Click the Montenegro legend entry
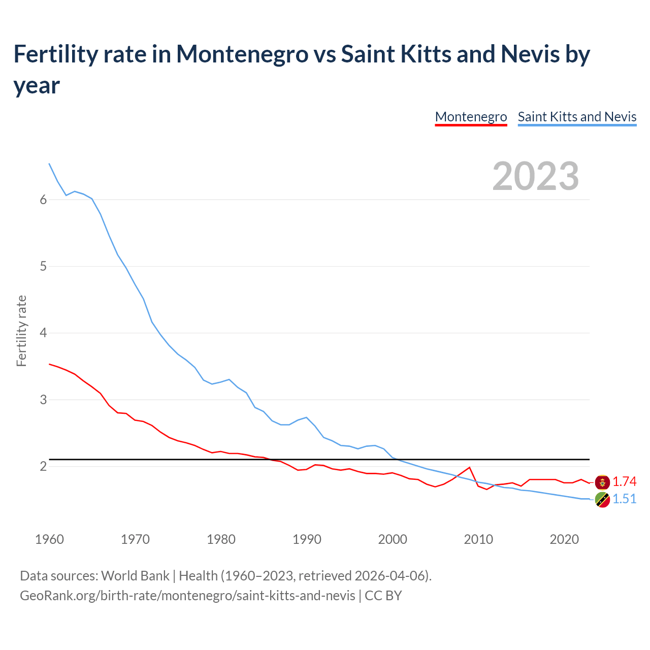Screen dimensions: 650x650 [x=471, y=117]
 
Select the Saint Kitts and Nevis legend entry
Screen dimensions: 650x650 [x=577, y=117]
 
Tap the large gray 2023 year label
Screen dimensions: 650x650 [x=536, y=176]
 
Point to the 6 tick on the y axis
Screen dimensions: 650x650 [x=43, y=200]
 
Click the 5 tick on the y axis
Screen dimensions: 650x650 [x=43, y=266]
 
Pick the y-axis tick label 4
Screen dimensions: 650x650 [x=43, y=333]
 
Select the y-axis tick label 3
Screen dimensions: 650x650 [x=43, y=400]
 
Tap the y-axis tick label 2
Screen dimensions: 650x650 [x=43, y=466]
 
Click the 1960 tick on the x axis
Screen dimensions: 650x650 [x=49, y=539]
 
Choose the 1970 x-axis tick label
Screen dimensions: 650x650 [x=135, y=539]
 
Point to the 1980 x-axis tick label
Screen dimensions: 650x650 [x=221, y=539]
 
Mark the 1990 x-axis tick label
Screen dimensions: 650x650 [x=307, y=539]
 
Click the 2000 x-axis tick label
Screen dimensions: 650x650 [x=393, y=539]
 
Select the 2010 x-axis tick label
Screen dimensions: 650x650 [x=478, y=539]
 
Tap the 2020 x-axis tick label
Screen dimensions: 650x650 [x=564, y=539]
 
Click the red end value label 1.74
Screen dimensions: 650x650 [x=624, y=481]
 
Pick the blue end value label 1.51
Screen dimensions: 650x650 [x=624, y=499]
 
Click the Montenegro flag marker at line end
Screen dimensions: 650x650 [x=602, y=482]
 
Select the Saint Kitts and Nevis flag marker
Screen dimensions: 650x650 [x=602, y=500]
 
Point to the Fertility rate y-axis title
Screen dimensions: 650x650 [x=21, y=331]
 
